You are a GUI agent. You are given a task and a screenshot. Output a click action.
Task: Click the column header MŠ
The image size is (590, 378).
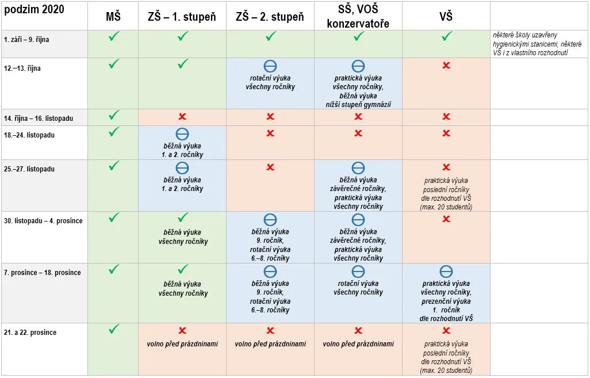coord(113,17)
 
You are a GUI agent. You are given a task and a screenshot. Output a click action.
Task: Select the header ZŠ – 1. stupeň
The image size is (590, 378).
coord(182,17)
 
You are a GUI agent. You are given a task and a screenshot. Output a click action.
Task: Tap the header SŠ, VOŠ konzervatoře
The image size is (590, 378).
coord(358,16)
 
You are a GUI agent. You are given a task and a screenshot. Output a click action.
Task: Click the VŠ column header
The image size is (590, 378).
coord(446,17)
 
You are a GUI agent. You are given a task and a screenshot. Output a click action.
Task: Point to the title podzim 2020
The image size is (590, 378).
coord(35,9)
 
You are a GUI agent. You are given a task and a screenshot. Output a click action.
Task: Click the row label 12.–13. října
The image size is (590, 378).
coord(22,68)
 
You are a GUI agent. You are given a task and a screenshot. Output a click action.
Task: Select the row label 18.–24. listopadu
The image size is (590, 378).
coord(29,135)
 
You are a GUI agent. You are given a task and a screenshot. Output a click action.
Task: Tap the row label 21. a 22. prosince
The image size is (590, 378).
coord(30,333)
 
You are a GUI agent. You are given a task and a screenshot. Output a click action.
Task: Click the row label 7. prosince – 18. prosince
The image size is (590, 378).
coord(43,273)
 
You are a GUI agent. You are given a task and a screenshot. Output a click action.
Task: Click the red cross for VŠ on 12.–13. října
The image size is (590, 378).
coord(446,65)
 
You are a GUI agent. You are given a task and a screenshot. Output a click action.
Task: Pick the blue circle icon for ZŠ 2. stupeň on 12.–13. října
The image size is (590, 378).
coord(270,66)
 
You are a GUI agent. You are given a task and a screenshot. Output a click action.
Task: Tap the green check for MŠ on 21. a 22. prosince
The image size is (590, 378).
coord(114,329)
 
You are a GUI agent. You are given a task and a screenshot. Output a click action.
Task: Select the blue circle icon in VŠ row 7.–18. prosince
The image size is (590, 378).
coord(446,272)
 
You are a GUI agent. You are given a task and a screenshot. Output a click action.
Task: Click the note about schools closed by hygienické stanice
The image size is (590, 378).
coord(537,44)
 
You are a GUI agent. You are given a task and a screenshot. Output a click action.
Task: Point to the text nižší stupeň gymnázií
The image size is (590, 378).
coord(358,105)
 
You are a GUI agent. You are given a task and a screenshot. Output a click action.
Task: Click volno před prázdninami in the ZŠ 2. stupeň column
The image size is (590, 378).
coord(270,343)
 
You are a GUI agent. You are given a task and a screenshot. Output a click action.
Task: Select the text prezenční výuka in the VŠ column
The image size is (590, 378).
coord(446,301)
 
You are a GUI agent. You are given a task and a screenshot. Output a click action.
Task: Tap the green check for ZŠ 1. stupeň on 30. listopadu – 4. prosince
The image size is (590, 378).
coord(183,217)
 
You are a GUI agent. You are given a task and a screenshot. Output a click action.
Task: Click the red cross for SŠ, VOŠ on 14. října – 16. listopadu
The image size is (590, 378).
coord(358,116)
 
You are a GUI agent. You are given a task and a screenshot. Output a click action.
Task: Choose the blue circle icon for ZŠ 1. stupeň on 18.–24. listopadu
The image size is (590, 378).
coord(182,134)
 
